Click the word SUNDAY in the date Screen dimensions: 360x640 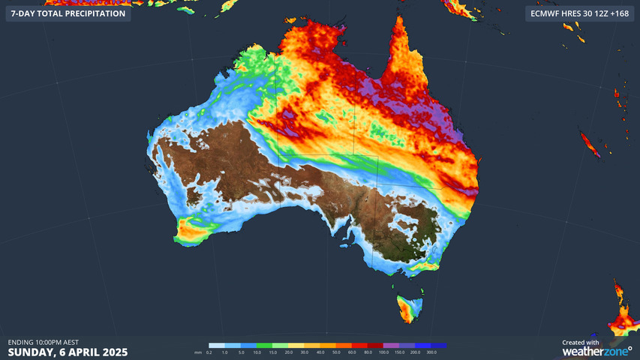tap(31, 352)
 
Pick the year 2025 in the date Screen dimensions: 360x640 tap(113, 352)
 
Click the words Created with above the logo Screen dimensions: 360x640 tap(581, 342)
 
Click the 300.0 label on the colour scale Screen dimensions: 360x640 tap(431, 352)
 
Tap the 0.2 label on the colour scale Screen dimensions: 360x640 tap(209, 352)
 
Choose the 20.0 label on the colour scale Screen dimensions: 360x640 tap(288, 352)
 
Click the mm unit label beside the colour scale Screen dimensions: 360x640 tap(198, 352)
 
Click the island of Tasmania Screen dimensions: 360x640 tap(408, 307)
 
